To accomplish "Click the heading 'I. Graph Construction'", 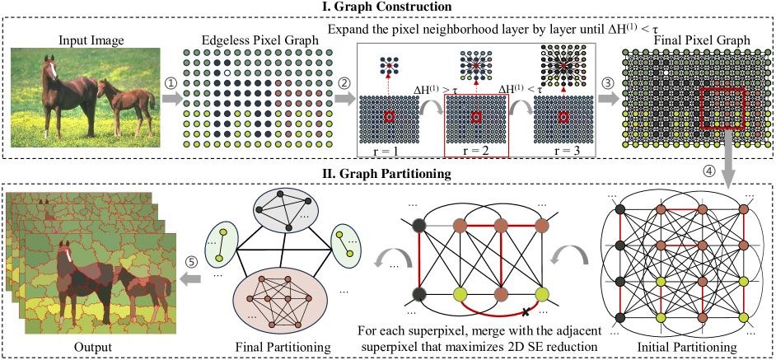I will [388, 7].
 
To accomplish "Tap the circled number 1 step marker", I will [171, 82].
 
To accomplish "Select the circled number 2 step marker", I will [346, 82].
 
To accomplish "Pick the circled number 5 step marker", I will [192, 262].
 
